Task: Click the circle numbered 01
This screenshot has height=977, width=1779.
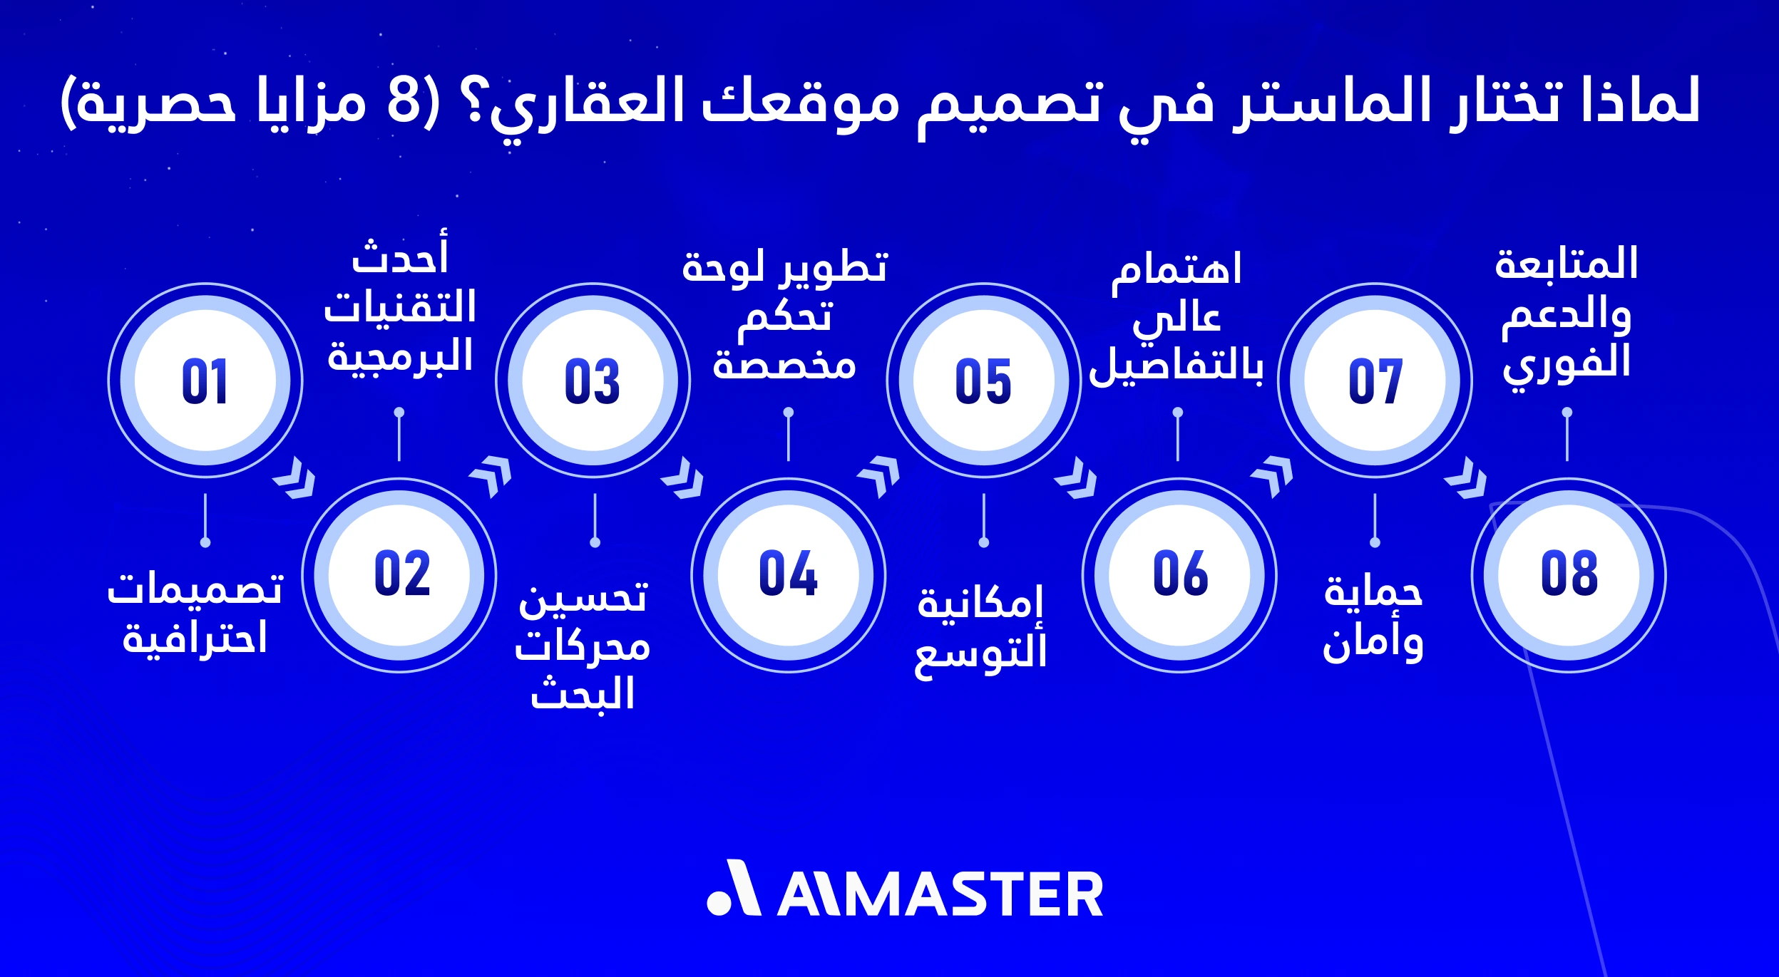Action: click(x=205, y=381)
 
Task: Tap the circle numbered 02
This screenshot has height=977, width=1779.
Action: click(x=400, y=574)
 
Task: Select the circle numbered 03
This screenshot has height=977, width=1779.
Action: click(x=593, y=381)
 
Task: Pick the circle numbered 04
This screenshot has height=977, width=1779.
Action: click(x=789, y=574)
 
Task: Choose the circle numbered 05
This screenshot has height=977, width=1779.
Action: click(x=983, y=381)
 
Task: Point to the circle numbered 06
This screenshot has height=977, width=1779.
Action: click(x=1180, y=574)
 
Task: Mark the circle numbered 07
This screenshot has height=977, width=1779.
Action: click(x=1375, y=381)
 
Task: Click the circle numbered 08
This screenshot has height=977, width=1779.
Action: click(x=1569, y=574)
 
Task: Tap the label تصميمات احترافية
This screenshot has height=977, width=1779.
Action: click(x=195, y=613)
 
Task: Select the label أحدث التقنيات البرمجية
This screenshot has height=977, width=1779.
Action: click(x=400, y=308)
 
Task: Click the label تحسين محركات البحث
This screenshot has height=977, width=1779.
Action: click(x=583, y=646)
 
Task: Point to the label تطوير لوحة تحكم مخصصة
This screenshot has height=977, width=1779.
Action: click(x=785, y=315)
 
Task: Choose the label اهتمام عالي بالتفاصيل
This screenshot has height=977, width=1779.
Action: click(x=1176, y=318)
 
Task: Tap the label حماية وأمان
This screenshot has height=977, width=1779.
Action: click(x=1373, y=617)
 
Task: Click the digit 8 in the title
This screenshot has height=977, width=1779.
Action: click(x=404, y=101)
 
